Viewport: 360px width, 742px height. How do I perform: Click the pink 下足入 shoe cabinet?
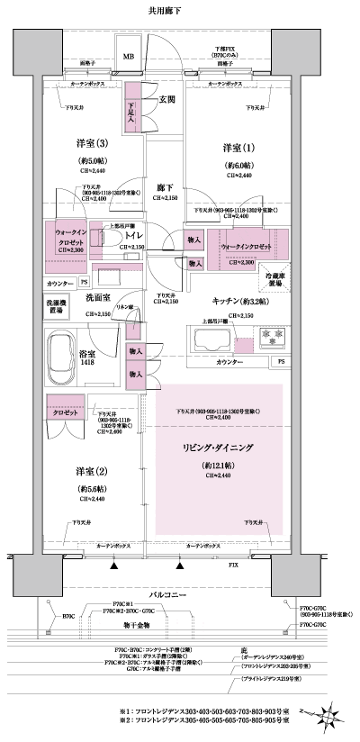tap(132, 111)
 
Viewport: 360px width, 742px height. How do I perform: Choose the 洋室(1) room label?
tap(238, 147)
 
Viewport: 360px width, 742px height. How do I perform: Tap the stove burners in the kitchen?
tap(270, 339)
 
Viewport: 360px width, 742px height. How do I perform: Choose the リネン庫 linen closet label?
tap(138, 308)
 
